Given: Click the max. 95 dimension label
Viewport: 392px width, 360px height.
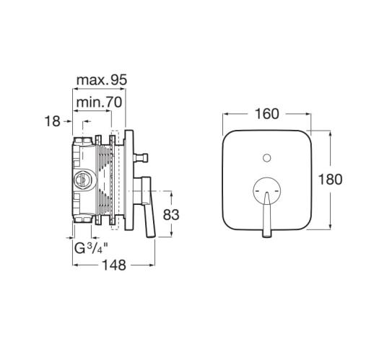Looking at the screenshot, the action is coord(102,80).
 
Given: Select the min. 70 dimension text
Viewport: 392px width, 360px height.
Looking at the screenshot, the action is coord(99,102).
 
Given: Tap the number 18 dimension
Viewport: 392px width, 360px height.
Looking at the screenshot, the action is coord(53,121).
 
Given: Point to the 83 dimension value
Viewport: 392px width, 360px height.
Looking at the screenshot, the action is coord(171,214).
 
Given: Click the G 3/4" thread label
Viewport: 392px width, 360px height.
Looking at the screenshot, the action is coord(91,248).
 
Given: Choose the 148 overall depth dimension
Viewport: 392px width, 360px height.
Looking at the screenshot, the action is coord(114,265).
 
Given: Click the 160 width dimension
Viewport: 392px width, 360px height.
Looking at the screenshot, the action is coord(267,114).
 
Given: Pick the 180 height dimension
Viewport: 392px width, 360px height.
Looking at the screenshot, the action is coord(330,180).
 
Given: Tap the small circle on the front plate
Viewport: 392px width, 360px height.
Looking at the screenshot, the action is coord(267,158).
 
